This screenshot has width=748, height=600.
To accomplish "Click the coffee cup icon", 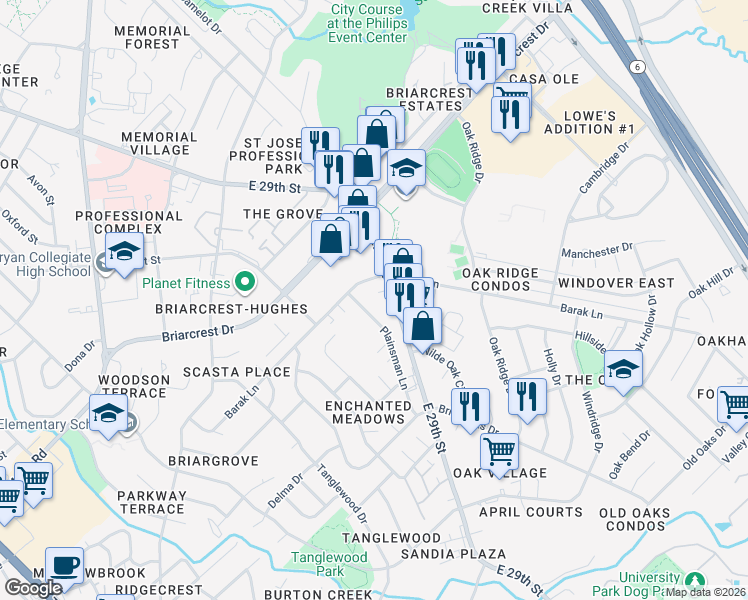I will click(x=65, y=565).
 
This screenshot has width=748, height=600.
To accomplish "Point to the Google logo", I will click(x=33, y=587).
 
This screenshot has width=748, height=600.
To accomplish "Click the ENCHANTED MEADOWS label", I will click(x=368, y=412).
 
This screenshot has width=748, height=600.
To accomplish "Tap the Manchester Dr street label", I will click(x=598, y=247).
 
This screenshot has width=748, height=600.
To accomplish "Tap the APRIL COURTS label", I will click(x=530, y=511).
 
